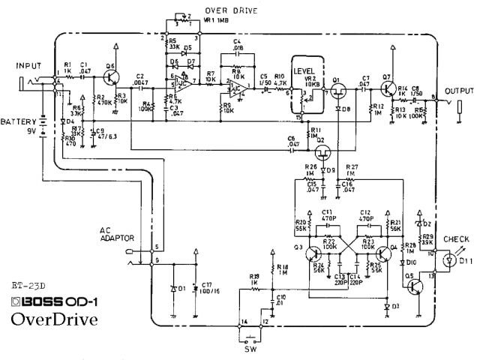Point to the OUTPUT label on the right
click(x=457, y=89)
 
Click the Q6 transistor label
click(x=110, y=67)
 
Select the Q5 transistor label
click(x=410, y=277)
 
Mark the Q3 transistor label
click(x=298, y=247)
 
